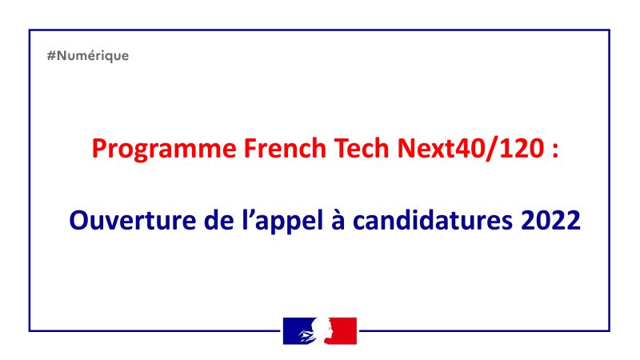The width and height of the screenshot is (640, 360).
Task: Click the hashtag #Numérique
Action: tap(88, 55)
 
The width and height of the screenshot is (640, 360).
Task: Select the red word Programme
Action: tap(164, 150)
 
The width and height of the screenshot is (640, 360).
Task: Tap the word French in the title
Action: tap(285, 148)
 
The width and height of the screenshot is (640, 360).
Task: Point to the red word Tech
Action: tap(362, 148)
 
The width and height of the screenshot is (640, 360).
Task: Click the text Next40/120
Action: tap(470, 149)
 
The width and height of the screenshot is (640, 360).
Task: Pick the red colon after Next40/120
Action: tap(554, 150)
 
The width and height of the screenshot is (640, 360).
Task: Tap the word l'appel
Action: tap(282, 222)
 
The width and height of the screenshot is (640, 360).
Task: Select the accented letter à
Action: tap(338, 221)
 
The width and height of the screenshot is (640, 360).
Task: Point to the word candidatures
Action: tap(433, 221)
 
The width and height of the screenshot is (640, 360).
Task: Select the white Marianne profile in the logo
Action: tap(322, 330)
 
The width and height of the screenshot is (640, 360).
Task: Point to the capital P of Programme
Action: tap(99, 148)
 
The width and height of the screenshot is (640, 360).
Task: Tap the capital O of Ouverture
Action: tap(78, 221)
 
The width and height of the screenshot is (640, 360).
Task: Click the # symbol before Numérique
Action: tap(51, 55)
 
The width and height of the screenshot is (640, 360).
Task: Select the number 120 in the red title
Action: tap(522, 148)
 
